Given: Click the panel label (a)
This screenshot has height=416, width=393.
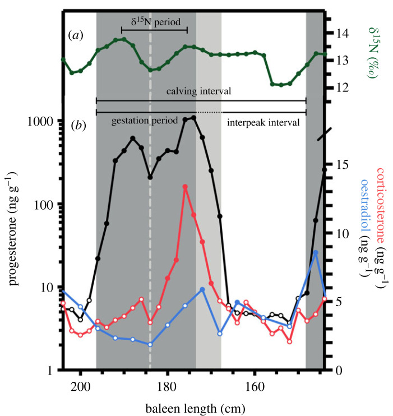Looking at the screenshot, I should [x=74, y=35].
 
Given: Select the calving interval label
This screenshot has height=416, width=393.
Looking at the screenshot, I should [x=201, y=91].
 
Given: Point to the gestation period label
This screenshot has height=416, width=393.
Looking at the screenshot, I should [x=137, y=122].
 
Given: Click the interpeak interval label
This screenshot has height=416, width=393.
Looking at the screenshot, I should [x=263, y=122].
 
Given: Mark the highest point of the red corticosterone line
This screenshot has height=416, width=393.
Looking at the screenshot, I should [x=185, y=187].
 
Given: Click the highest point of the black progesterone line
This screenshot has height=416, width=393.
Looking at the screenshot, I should [x=193, y=118].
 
